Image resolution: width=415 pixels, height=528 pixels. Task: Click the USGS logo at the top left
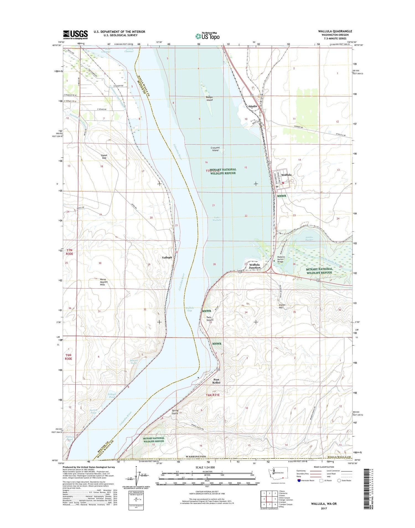coord(75,35)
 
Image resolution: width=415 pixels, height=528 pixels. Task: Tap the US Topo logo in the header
coord(207,36)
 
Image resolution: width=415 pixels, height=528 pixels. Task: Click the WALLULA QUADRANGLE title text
coord(335,31)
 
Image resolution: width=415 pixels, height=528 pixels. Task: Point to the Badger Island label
coord(209,99)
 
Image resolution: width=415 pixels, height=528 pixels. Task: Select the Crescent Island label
coord(215,149)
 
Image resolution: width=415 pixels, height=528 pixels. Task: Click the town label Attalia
coord(252,106)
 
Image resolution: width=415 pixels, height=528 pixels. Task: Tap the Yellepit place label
coord(167,257)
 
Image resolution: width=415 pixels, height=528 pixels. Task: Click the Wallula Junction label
coord(255,266)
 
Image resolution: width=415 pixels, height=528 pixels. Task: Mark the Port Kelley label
coord(216,381)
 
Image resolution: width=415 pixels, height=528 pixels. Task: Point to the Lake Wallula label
coord(217,219)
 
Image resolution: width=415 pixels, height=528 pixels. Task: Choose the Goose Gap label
coord(104,157)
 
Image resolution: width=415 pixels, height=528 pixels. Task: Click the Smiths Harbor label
coord(309,239)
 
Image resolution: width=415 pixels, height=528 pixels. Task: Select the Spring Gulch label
coord(175,412)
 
